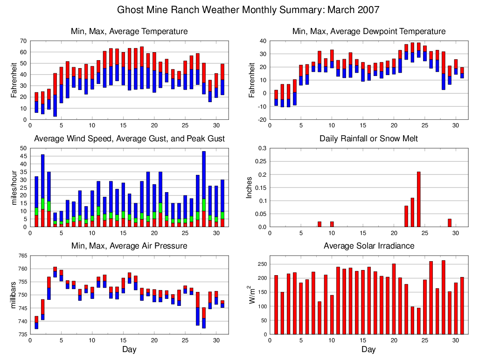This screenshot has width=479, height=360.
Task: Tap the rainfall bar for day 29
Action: [450, 223]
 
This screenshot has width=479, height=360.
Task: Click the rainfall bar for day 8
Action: [319, 224]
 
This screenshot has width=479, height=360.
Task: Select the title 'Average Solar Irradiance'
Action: [368, 246]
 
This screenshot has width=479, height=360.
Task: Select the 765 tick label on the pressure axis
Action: [21, 256]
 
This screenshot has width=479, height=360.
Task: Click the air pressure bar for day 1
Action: [36, 322]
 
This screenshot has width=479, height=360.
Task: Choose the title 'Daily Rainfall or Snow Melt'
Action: [368, 138]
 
